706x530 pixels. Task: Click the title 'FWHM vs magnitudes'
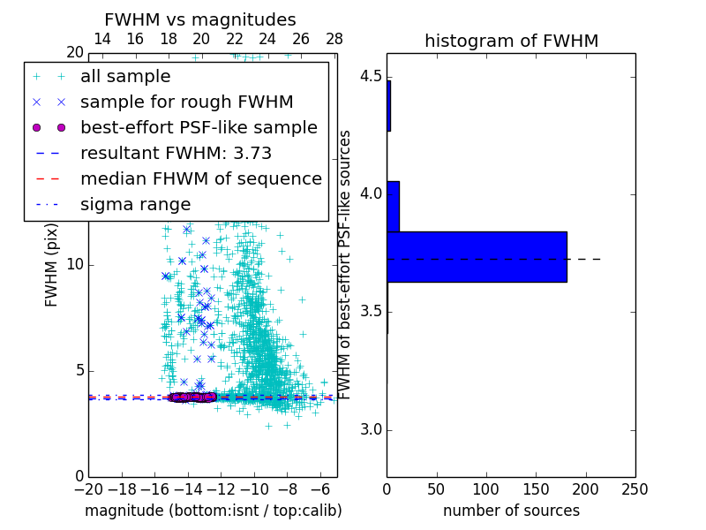point(200,20)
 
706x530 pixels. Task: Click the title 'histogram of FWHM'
point(511,41)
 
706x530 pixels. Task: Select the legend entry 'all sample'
point(125,77)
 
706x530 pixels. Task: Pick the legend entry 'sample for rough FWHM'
point(186,102)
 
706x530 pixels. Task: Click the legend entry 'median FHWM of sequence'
point(200,178)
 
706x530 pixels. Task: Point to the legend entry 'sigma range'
point(135,204)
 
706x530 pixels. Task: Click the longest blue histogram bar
point(477,257)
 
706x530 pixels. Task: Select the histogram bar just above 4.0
point(393,206)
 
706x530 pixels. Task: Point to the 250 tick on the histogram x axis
point(635,488)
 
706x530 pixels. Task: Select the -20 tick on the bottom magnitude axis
point(88,488)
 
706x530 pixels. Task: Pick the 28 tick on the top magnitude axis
point(334,39)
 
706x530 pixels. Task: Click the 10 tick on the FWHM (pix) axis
point(75,265)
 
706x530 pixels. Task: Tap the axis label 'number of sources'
point(511,511)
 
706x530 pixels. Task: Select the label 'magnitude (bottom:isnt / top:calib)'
point(213,511)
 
